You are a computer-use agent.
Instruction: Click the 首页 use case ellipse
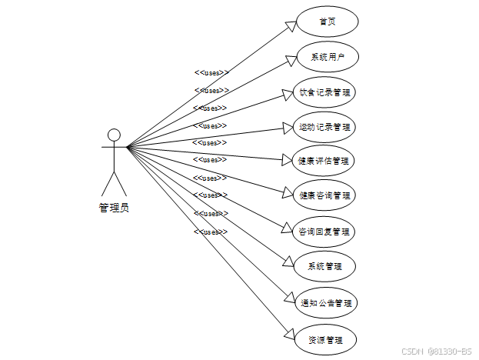tap(326, 22)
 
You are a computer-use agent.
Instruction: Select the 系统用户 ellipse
tap(326, 58)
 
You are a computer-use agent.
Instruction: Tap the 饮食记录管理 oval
tap(326, 92)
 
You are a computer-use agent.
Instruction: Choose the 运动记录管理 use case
tap(326, 127)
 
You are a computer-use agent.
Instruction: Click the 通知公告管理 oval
tap(326, 302)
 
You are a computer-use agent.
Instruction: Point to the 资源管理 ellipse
tap(326, 339)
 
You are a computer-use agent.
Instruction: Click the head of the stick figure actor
tap(115, 136)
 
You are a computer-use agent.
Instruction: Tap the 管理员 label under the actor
tap(114, 207)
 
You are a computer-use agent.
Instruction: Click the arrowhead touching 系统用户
tap(291, 59)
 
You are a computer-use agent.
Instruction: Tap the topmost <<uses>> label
tap(211, 73)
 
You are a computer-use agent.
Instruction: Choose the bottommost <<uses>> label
tap(210, 232)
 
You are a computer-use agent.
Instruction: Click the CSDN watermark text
tap(436, 351)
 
